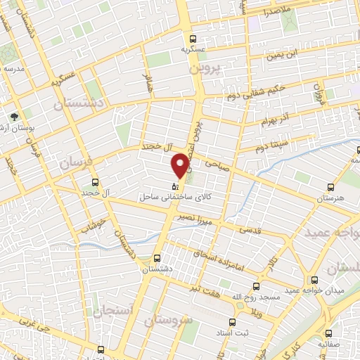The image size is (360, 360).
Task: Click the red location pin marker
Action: (x=181, y=165)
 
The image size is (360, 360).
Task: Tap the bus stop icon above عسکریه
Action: (x=192, y=39)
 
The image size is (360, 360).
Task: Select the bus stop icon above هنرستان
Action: (x=330, y=188)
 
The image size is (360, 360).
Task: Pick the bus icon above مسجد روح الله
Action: (x=255, y=286)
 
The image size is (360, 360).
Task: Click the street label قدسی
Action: (x=251, y=229)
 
